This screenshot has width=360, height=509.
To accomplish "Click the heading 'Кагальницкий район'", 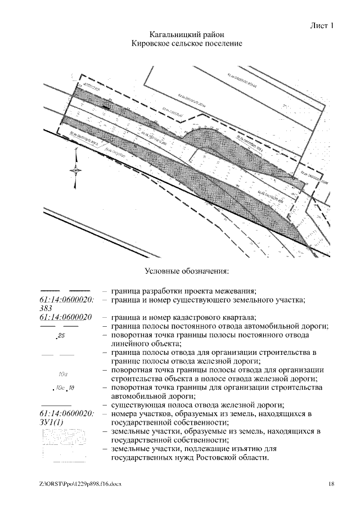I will click(186, 35).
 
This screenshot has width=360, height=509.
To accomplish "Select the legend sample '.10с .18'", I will click(63, 388).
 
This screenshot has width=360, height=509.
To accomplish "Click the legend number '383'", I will click(47, 308).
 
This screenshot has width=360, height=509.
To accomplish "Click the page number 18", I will click(331, 484).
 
